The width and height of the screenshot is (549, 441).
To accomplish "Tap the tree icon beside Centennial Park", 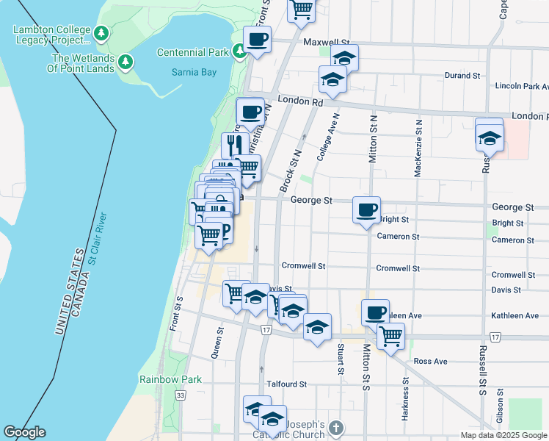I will [239, 51].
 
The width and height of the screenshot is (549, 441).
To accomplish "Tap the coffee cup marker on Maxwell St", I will [257, 40].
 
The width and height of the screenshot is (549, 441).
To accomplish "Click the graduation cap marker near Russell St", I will [489, 137].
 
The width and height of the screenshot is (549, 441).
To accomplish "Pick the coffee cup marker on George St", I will [366, 211].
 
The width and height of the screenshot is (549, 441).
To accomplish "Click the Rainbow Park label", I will [170, 379].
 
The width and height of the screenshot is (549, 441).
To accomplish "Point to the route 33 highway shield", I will [181, 395].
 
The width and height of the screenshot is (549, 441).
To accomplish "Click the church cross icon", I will [335, 426].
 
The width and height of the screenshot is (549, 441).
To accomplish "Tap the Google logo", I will [24, 432].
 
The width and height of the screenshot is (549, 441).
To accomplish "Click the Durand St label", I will [462, 75].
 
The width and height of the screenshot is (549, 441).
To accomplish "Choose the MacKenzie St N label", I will [418, 148].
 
